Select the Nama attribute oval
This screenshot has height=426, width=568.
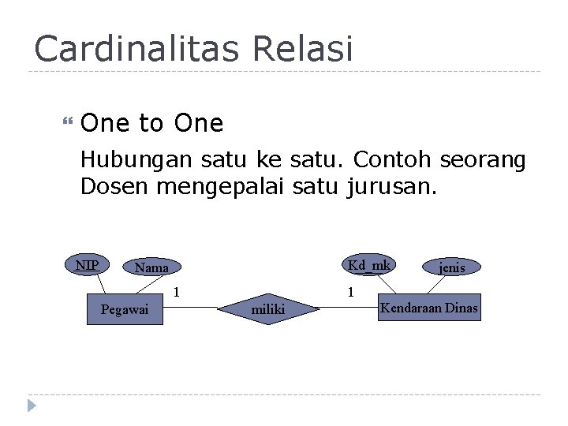[x=151, y=268]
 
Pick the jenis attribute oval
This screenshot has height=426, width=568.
[x=452, y=268]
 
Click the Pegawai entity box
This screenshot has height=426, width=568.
[x=124, y=309]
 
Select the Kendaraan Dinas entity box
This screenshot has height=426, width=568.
[x=428, y=308]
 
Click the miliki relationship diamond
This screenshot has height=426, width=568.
[x=268, y=309]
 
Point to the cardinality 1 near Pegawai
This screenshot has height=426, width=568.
[x=177, y=292]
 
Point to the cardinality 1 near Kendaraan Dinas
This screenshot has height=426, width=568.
[x=351, y=292]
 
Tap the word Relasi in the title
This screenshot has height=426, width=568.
[x=304, y=49]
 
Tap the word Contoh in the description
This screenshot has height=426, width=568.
[x=392, y=160]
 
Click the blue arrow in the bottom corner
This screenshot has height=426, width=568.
[x=32, y=406]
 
